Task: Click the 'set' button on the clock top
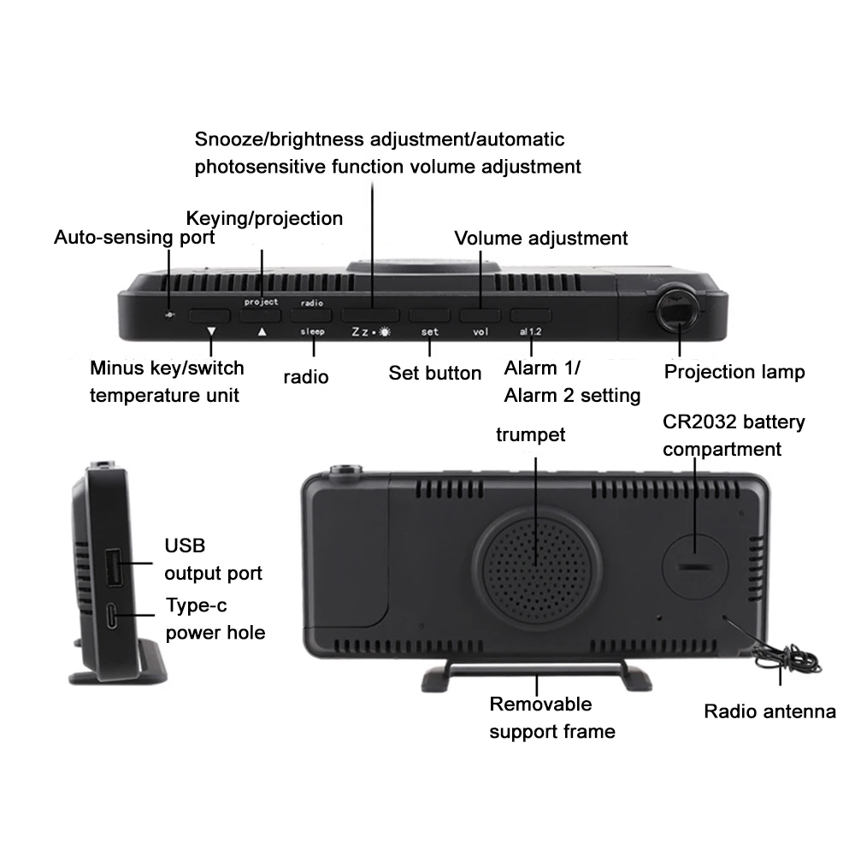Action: tap(429, 315)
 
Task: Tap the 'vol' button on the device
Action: tap(480, 315)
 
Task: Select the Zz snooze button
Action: tap(373, 315)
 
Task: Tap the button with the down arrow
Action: tap(211, 315)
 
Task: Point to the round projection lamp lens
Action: tap(680, 310)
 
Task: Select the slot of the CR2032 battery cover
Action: tap(693, 566)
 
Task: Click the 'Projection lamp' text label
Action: tap(734, 372)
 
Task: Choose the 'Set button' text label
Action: tap(434, 373)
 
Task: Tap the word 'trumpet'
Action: tap(530, 434)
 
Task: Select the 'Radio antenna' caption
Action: tap(769, 711)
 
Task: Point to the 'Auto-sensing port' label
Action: tap(134, 236)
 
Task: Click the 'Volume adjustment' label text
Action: tap(540, 238)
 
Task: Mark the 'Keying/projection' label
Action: tap(264, 218)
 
